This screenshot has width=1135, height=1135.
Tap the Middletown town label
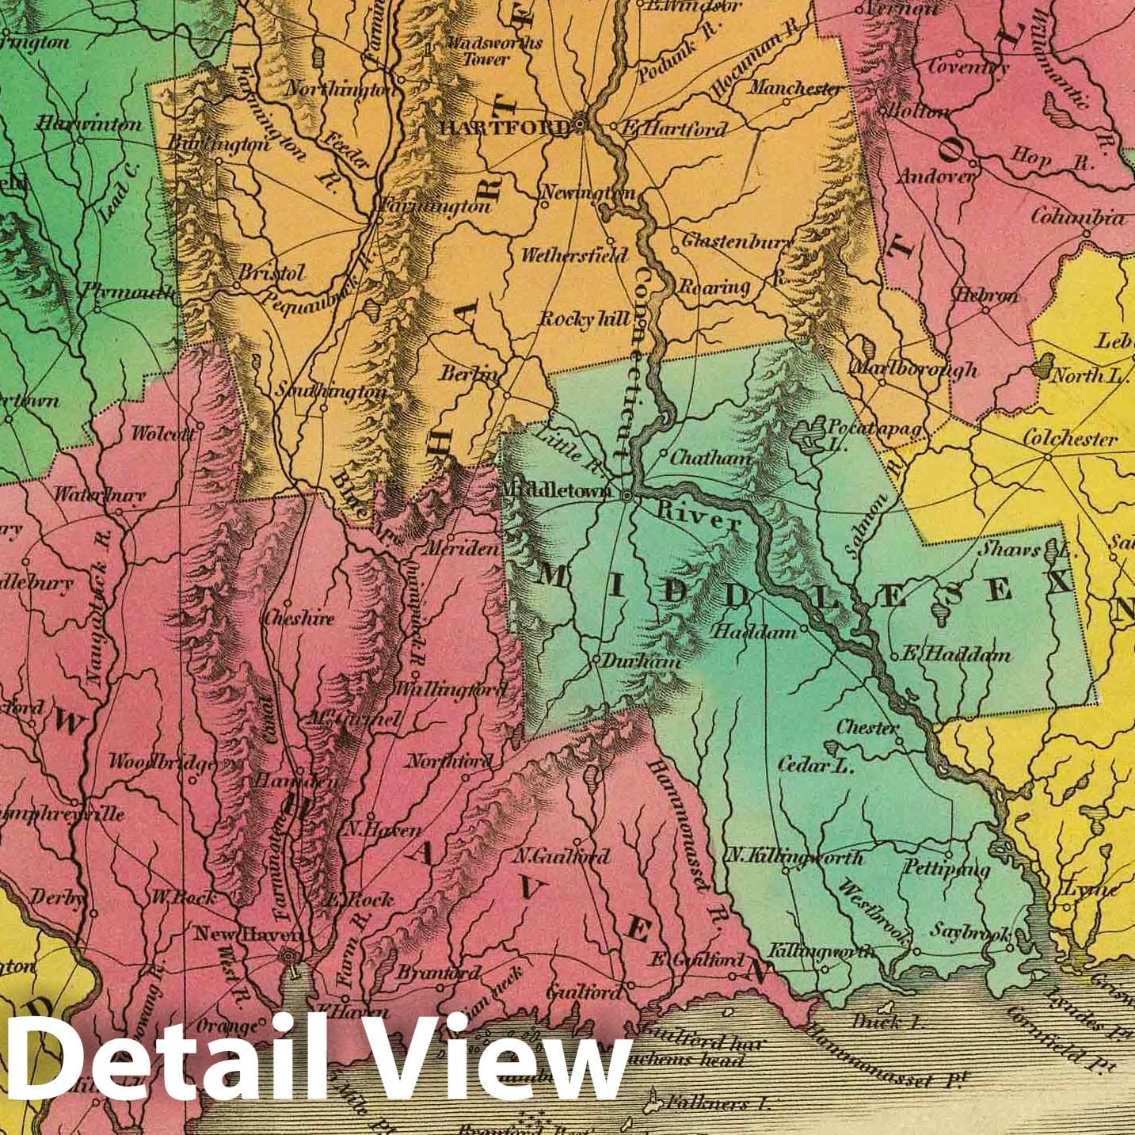click(556, 491)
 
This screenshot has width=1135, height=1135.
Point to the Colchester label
click(1069, 438)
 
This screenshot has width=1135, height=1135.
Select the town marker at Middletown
click(627, 496)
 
